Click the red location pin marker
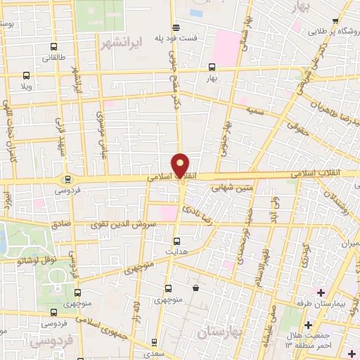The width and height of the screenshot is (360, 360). pos(181,165)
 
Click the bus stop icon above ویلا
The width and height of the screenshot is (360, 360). pos(27,75)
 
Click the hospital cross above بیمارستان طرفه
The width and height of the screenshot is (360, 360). pos(321,291)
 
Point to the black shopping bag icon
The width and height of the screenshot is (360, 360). pos(195,287)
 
